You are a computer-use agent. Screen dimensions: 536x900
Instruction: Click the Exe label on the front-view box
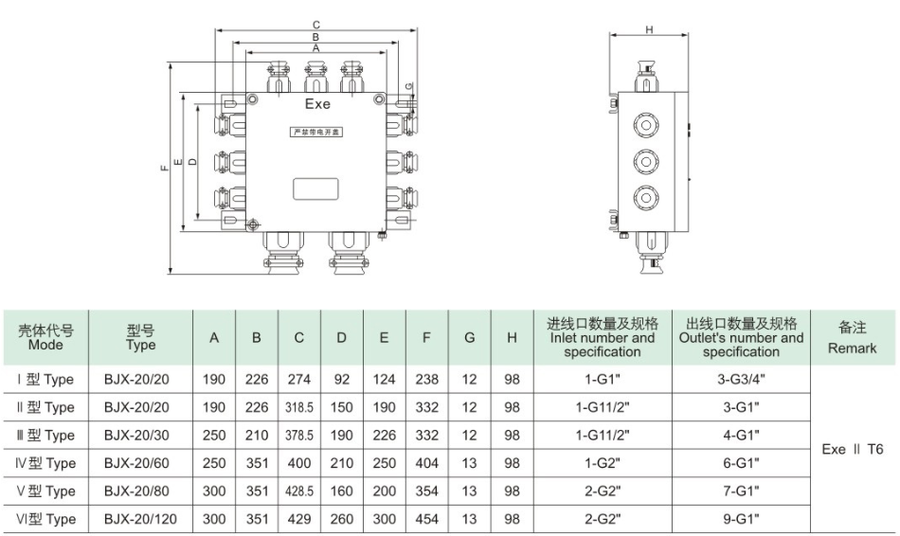coord(317,105)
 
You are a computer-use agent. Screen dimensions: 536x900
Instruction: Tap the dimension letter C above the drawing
coord(316,24)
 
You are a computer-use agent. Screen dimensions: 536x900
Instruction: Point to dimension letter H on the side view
coord(649,30)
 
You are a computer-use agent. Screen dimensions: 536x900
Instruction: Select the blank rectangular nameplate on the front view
coord(315,188)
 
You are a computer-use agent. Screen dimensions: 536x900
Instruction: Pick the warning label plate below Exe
coord(316,133)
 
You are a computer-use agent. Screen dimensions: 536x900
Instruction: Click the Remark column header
coord(852,338)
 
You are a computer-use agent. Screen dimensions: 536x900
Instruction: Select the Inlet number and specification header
coord(602,337)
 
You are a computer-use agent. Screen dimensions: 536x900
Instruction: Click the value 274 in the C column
coord(298,379)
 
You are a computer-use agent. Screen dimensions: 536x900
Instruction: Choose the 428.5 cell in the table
coord(298,491)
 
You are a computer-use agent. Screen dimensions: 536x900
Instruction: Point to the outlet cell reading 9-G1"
coord(741,519)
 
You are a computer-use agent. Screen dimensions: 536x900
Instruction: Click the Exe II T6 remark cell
coord(852,449)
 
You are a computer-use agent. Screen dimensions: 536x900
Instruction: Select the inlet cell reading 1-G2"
coord(602,463)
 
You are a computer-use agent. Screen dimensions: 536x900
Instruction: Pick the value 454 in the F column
coord(427,519)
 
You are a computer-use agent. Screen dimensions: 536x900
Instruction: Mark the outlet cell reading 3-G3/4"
coord(741,379)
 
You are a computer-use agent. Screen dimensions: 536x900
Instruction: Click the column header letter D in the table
coord(341,338)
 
